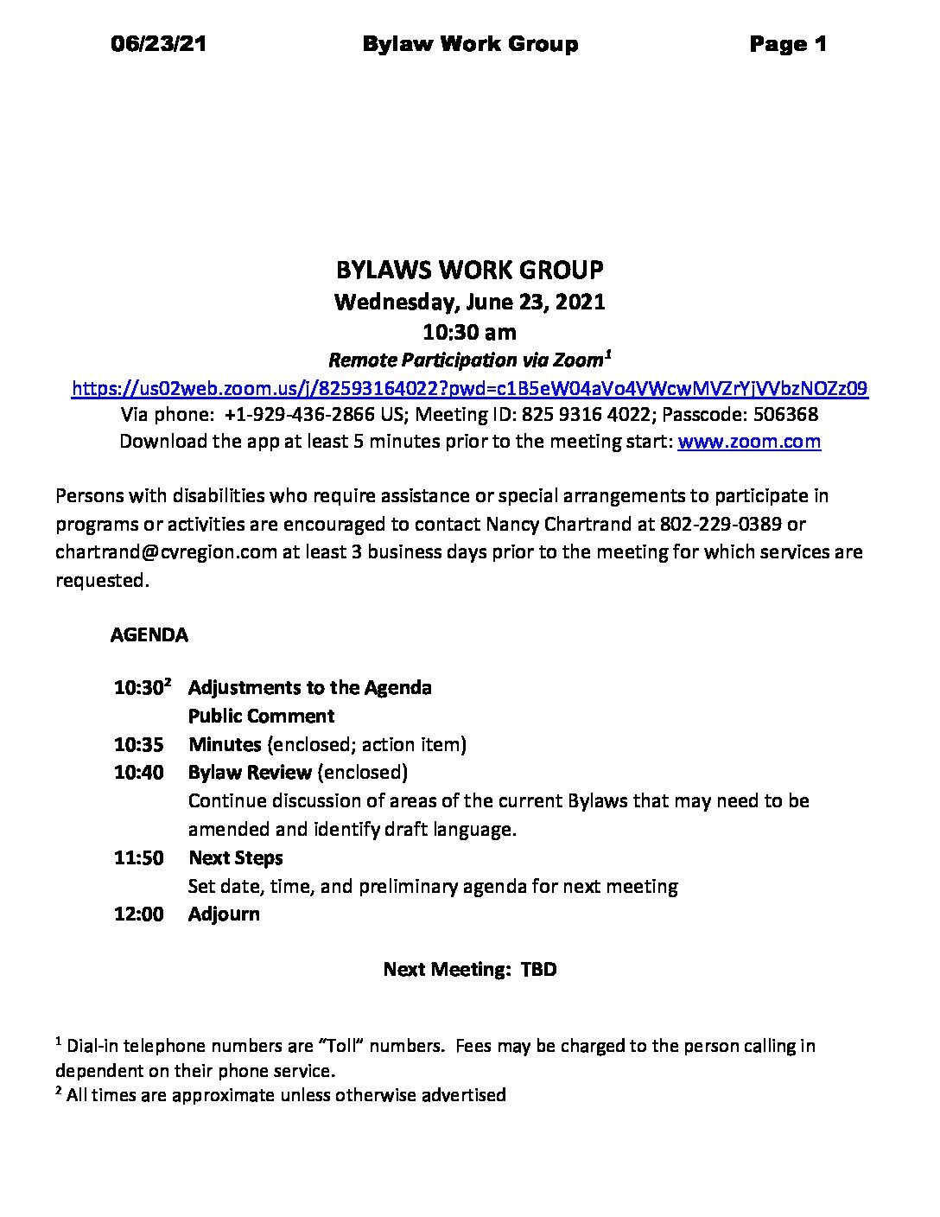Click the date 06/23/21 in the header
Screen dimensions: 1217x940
tap(159, 44)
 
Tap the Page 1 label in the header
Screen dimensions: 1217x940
tap(788, 44)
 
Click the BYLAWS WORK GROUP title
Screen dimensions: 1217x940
tap(469, 271)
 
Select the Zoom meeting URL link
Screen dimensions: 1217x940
tap(469, 388)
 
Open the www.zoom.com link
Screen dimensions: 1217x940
tap(749, 442)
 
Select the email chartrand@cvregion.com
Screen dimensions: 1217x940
tap(165, 551)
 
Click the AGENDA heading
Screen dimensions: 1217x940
tap(149, 635)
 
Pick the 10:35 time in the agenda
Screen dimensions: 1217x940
tap(138, 744)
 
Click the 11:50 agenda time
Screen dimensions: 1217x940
tap(138, 857)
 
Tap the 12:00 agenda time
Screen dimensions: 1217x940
tap(138, 914)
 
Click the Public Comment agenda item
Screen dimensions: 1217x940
tap(261, 716)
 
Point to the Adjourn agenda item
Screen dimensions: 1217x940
tap(224, 914)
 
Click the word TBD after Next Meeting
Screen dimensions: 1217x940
tap(538, 970)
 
